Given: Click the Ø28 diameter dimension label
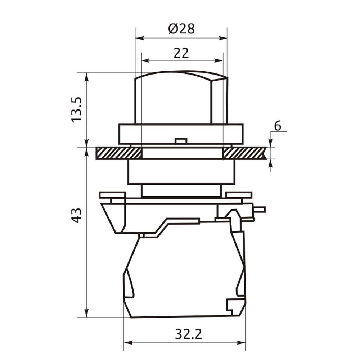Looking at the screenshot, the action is click(x=181, y=29).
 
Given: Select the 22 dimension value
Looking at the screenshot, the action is click(x=181, y=53).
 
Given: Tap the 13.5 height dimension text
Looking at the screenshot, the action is click(x=76, y=110).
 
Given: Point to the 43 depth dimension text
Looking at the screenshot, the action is click(x=76, y=215).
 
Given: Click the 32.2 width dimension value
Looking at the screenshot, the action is click(x=188, y=334).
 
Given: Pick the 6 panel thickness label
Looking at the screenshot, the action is click(x=278, y=126).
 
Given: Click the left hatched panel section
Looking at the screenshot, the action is click(x=119, y=153).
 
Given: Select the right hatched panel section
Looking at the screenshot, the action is click(x=245, y=153).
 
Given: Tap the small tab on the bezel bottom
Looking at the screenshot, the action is click(x=181, y=141).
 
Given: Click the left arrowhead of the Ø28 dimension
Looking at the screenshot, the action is click(x=140, y=38).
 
